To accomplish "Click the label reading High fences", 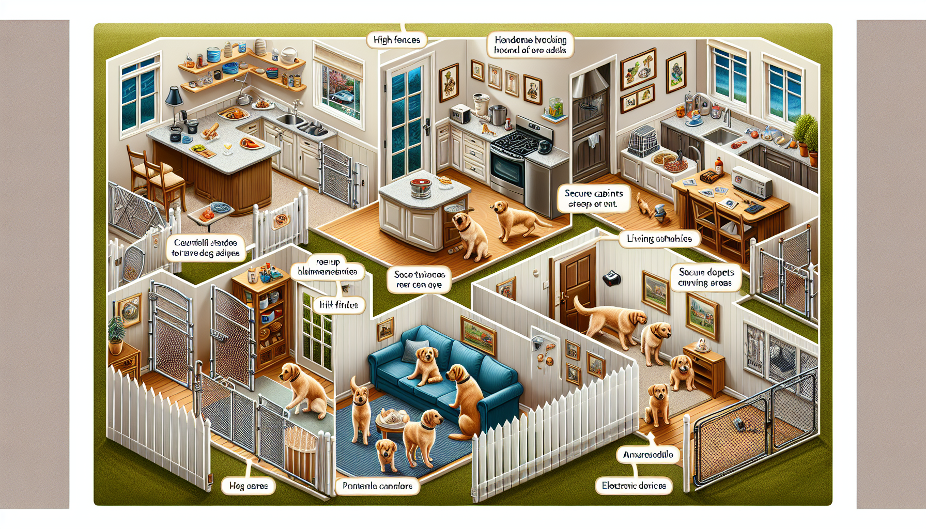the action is pos(397,40).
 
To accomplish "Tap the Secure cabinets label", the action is pos(594,199).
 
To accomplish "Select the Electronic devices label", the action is pos(634,486).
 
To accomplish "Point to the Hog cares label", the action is pos(248,486).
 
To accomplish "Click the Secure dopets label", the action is pos(706,277).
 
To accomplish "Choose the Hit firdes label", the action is pos(338,305).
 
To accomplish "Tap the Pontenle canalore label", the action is pos(377,486).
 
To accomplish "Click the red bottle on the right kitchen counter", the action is pos(718,166).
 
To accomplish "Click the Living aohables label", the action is pos(659,239).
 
